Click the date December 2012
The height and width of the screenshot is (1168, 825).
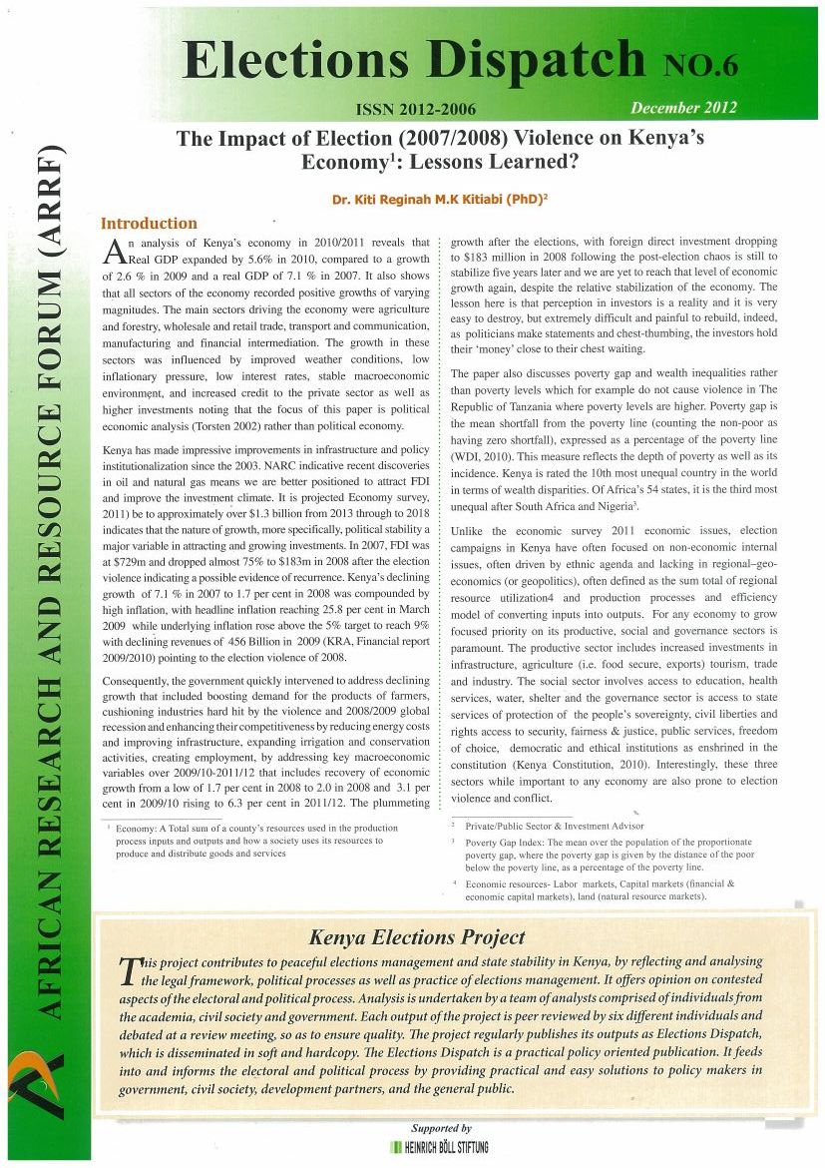coord(683,107)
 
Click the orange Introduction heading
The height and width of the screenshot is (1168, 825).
coord(150,224)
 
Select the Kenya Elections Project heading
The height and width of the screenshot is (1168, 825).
coord(417,937)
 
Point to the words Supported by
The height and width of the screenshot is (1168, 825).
coord(441,1127)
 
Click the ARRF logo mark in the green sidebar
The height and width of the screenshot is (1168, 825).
coord(44,1087)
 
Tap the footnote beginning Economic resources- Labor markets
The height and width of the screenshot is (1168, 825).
coord(599,889)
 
